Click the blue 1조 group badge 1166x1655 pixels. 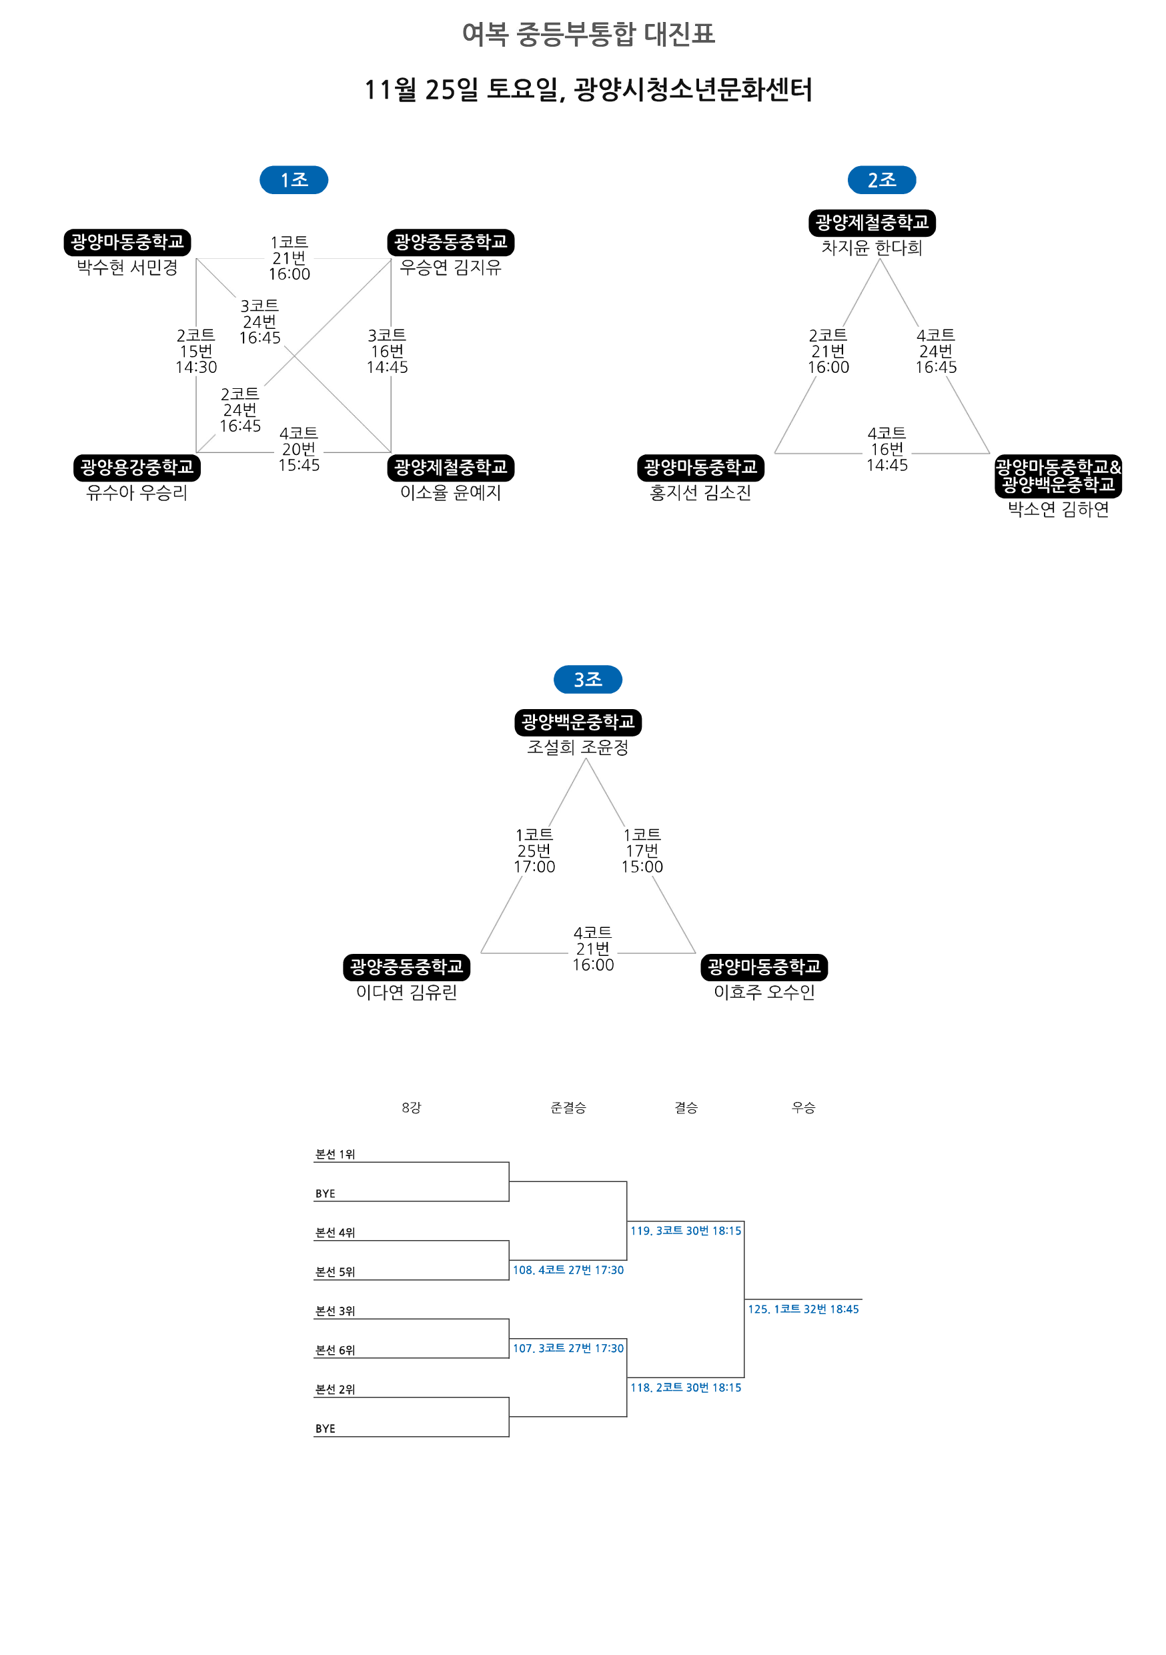click(x=294, y=179)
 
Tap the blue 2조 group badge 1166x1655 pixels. click(x=881, y=179)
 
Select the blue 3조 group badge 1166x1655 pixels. click(x=587, y=679)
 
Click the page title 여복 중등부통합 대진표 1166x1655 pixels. click(x=588, y=34)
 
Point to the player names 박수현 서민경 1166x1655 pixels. click(x=127, y=267)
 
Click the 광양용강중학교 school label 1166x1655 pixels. click(x=137, y=468)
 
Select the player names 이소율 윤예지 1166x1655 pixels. click(x=450, y=493)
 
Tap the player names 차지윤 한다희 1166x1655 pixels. click(x=872, y=248)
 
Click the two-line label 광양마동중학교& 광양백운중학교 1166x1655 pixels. click(x=1058, y=476)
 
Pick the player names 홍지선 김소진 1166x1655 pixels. click(x=700, y=493)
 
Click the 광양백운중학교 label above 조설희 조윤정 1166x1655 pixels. click(x=578, y=722)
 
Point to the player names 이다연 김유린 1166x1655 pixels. click(x=406, y=993)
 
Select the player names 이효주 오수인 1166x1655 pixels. click(x=764, y=993)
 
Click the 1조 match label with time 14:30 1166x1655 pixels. click(x=196, y=351)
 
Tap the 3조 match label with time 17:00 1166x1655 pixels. click(x=534, y=851)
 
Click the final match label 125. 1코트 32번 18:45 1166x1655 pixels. click(x=803, y=1309)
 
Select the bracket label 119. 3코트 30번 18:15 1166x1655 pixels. click(x=685, y=1231)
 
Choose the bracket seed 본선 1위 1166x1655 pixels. click(x=335, y=1154)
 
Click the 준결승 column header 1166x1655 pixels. click(x=568, y=1107)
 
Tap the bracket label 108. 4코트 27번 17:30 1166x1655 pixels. click(x=568, y=1270)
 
